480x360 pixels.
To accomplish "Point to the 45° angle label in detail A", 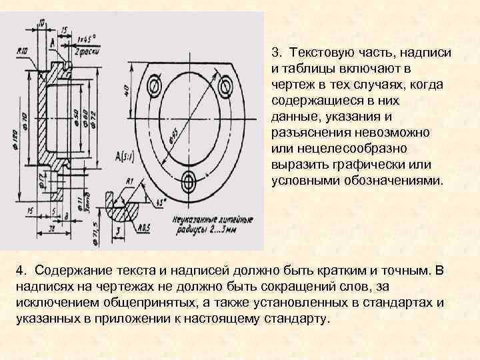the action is pos(160,201).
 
